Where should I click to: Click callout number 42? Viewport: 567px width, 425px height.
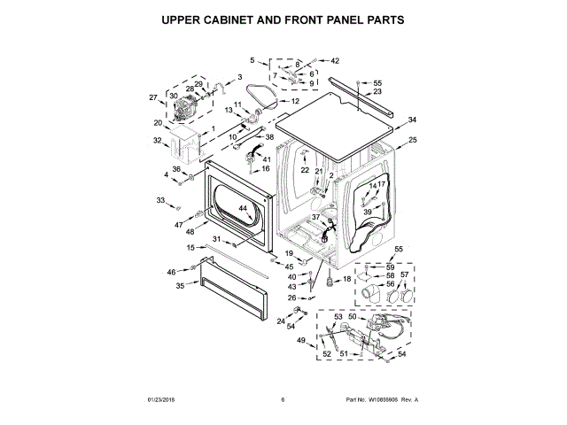334,60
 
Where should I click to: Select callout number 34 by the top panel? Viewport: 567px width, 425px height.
411,120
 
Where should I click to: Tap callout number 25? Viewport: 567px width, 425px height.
412,140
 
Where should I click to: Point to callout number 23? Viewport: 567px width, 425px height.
377,91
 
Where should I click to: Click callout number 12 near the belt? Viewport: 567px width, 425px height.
295,102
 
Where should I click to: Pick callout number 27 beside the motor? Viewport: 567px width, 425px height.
152,97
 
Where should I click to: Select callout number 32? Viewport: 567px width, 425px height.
158,140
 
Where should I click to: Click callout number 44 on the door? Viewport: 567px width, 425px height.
242,207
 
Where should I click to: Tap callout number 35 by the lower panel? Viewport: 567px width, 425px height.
180,285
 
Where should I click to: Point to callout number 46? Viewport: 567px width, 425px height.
171,272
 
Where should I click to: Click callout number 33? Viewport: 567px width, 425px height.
160,201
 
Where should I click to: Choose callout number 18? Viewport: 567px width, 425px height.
346,279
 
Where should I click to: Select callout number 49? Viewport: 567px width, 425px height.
300,341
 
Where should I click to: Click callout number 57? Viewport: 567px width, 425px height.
405,275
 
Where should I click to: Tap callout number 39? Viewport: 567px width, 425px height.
365,212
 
